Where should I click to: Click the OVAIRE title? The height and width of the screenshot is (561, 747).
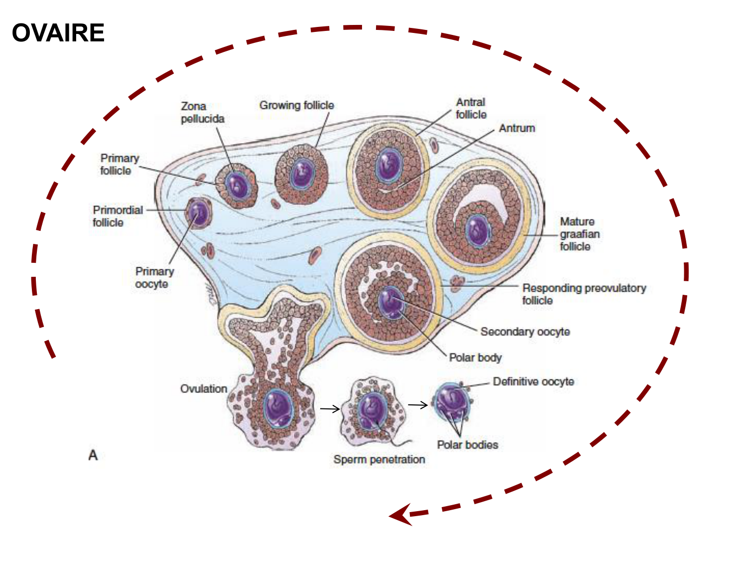58,33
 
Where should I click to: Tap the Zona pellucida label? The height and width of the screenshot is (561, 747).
202,113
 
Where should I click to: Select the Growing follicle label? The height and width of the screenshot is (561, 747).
296,105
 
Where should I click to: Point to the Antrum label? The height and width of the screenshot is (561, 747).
517,128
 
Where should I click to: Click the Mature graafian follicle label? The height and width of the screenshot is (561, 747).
580,234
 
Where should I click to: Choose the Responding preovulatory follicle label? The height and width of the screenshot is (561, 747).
584,294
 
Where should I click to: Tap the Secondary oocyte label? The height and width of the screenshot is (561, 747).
525,332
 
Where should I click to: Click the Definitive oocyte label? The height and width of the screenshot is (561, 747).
533,381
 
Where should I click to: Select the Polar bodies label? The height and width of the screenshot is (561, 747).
467,445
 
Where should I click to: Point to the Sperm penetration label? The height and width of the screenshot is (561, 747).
379,459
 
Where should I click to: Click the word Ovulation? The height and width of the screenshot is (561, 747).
204,388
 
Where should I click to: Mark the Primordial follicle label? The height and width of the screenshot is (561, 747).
118,216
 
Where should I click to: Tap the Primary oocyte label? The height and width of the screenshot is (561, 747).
154,277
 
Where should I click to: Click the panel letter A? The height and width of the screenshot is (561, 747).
93,455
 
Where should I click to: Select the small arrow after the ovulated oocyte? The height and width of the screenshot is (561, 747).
330,409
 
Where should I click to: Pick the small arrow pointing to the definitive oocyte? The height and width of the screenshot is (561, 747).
418,405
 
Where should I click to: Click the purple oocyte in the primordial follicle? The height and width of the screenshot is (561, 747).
198,213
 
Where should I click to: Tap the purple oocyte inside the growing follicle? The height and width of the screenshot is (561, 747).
302,174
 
